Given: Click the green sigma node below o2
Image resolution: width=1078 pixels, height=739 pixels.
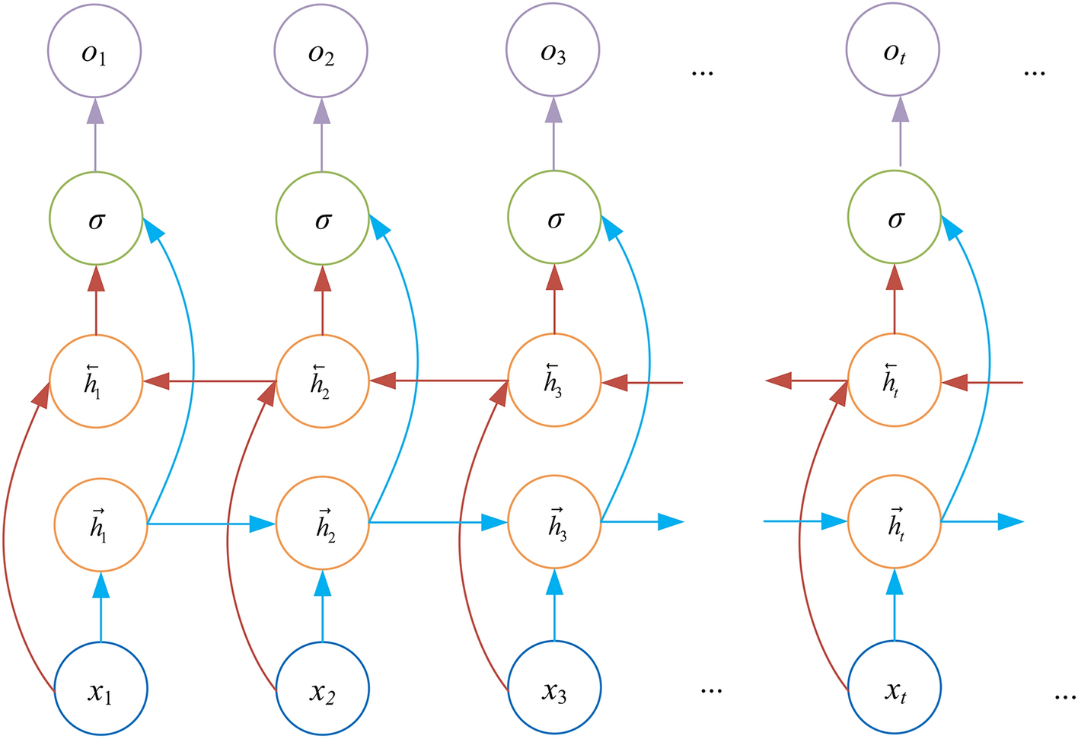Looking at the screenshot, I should (322, 218).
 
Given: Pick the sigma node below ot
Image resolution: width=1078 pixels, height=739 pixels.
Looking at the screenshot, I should (895, 218).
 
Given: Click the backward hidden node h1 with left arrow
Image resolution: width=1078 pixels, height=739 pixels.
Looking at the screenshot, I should (96, 381).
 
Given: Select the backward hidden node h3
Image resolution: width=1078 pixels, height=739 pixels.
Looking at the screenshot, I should (554, 381).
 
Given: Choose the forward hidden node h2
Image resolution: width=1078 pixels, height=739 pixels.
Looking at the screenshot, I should (323, 524).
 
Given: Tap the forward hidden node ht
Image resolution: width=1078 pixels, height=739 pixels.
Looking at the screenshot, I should (895, 524).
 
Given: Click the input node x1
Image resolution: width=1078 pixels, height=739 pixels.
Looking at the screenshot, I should (100, 690).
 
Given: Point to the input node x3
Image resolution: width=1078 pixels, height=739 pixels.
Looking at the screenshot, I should (554, 690).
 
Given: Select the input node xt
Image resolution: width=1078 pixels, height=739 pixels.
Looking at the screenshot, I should (895, 690).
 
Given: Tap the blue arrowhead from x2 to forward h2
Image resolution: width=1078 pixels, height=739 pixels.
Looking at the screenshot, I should (323, 585).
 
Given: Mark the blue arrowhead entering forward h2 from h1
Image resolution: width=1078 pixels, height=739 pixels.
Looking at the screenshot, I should (261, 524).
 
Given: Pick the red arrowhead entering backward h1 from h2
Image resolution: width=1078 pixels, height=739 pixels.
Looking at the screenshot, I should (157, 381).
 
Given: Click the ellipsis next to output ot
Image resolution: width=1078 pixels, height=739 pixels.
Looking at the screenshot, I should (1035, 72).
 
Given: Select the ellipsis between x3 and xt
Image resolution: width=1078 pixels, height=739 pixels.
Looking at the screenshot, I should (710, 690).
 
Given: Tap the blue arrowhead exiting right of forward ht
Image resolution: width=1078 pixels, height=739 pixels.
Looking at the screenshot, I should (1009, 521).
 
